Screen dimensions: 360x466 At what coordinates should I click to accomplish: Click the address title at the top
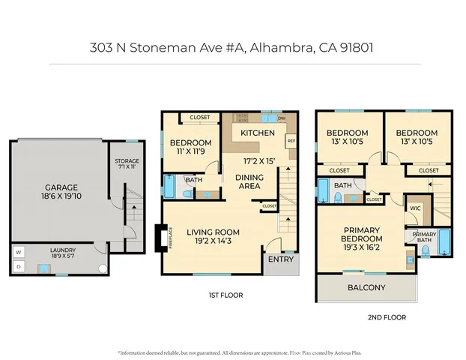pos(232,47)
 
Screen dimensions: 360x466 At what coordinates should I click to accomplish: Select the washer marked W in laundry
pos(17,252)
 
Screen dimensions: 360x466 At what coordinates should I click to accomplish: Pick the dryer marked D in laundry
pos(17,265)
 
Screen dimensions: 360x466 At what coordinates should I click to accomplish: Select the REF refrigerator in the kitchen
pos(291,140)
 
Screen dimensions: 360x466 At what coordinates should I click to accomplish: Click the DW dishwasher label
pos(282,118)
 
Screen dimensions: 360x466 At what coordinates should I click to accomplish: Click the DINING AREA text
pos(249,181)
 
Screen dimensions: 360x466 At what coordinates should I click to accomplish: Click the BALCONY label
pos(366,287)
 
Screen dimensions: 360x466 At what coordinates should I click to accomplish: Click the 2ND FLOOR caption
pos(387,317)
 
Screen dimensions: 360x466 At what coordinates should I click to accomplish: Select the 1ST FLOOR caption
pos(226,295)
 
